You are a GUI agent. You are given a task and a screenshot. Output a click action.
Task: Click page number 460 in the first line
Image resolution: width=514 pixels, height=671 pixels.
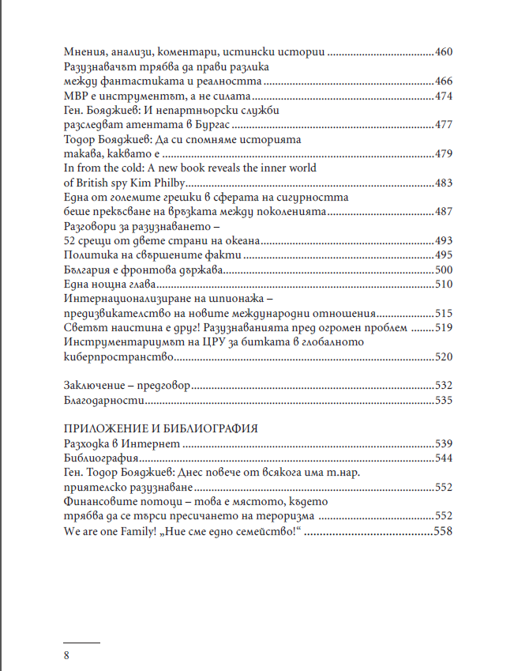pos(443,53)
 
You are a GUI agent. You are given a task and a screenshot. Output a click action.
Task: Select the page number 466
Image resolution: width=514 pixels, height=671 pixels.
pos(443,82)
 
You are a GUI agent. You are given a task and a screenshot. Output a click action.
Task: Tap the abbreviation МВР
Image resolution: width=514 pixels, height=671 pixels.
pos(75,96)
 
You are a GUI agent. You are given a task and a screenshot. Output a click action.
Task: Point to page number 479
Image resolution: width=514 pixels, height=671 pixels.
pos(443,153)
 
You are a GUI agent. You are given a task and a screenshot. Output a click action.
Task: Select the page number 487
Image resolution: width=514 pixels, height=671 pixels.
pos(443,211)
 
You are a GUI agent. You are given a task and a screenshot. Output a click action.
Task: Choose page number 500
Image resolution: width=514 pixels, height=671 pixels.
pos(443,270)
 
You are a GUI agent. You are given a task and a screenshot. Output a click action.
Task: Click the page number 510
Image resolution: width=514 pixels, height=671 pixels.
pos(443,284)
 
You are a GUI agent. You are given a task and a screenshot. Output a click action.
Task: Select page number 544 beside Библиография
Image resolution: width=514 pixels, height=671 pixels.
pos(443,458)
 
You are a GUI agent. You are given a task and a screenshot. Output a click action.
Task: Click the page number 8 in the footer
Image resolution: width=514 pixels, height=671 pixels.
pos(66,655)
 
